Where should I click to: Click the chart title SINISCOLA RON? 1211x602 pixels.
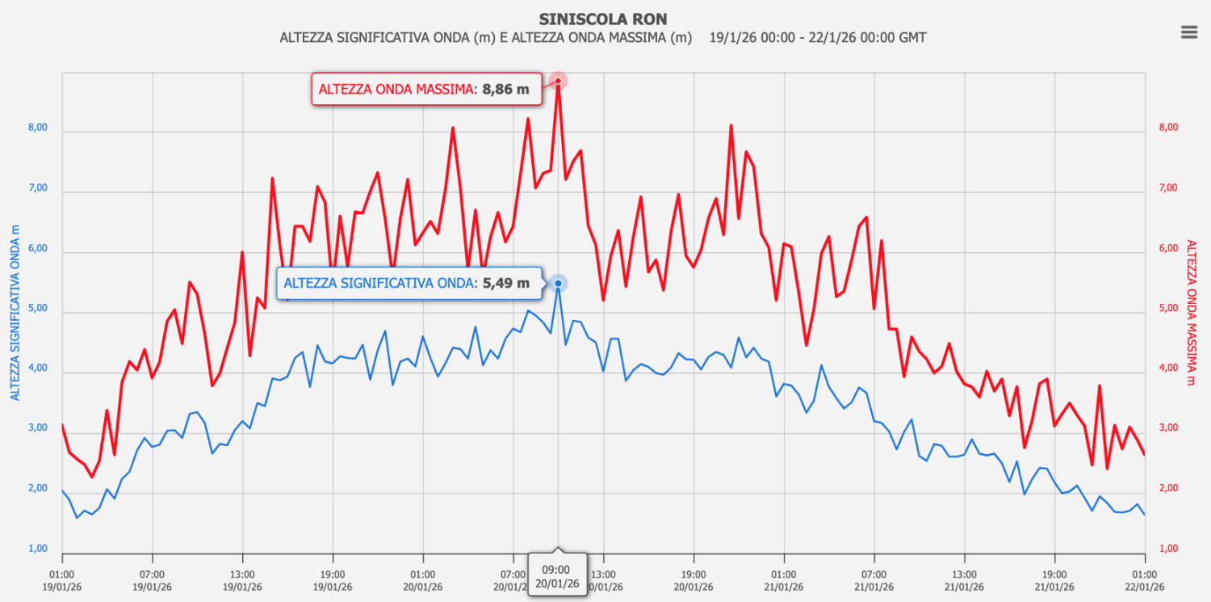pyautogui.click(x=603, y=19)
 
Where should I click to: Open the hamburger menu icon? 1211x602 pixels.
pyautogui.click(x=1188, y=32)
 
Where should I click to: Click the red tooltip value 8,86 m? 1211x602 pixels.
pyautogui.click(x=505, y=90)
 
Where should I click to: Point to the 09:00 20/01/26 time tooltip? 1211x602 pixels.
pyautogui.click(x=557, y=575)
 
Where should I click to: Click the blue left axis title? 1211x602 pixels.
pyautogui.click(x=15, y=314)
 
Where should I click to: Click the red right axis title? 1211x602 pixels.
pyautogui.click(x=1190, y=313)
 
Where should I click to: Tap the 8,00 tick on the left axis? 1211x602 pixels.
pyautogui.click(x=37, y=128)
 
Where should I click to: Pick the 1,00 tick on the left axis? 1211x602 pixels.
pyautogui.click(x=37, y=549)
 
